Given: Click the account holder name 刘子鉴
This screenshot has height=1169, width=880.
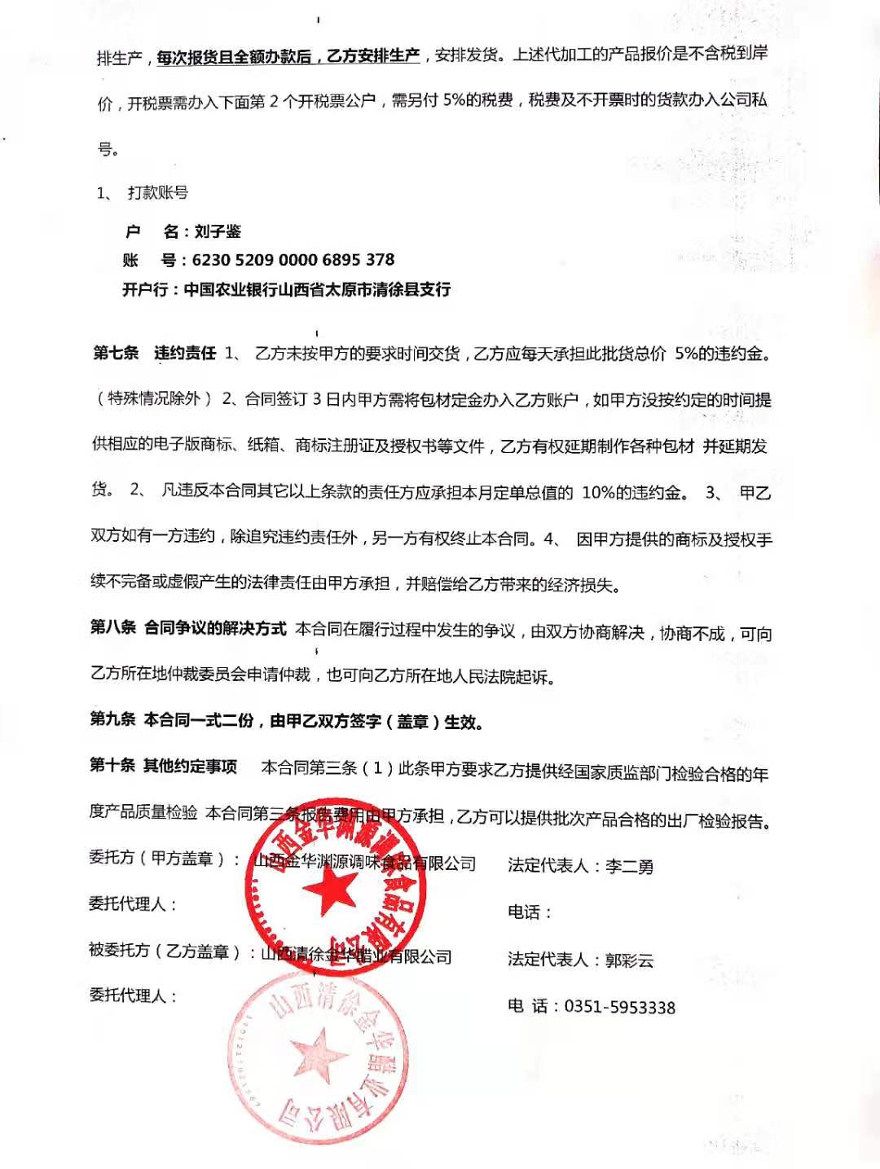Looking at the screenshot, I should (218, 232).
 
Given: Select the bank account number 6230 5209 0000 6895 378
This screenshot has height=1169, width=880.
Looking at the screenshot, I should (293, 260).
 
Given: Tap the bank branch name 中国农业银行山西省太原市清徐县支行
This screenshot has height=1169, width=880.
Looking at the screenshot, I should (317, 289).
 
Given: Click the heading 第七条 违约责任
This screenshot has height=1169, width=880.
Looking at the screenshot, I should (154, 353).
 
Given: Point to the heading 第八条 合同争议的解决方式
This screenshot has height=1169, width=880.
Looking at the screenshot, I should (188, 628).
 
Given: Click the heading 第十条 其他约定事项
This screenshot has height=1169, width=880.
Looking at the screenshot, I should (163, 766).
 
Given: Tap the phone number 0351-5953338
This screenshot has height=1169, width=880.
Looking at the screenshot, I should (619, 1007).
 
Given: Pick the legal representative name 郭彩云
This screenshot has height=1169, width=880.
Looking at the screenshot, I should (629, 960).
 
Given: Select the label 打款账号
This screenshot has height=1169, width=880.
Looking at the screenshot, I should (158, 193).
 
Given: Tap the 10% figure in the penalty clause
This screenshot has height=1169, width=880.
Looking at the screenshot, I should (598, 492).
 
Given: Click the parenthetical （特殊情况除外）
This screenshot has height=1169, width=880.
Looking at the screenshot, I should (154, 398).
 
